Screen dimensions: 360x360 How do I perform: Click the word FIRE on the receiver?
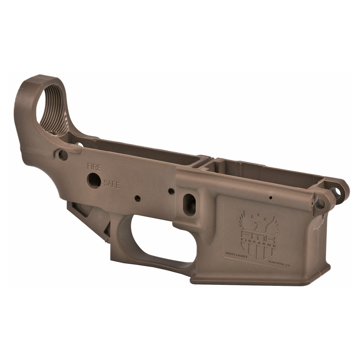click(94, 167)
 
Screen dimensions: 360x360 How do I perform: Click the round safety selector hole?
click(94, 180)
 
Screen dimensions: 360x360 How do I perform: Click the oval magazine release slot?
click(189, 205)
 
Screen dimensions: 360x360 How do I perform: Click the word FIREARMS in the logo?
click(258, 245)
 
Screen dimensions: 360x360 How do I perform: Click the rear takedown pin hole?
click(63, 155)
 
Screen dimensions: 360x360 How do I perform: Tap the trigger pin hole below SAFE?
click(138, 198)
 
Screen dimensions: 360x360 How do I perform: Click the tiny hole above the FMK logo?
click(270, 198)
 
